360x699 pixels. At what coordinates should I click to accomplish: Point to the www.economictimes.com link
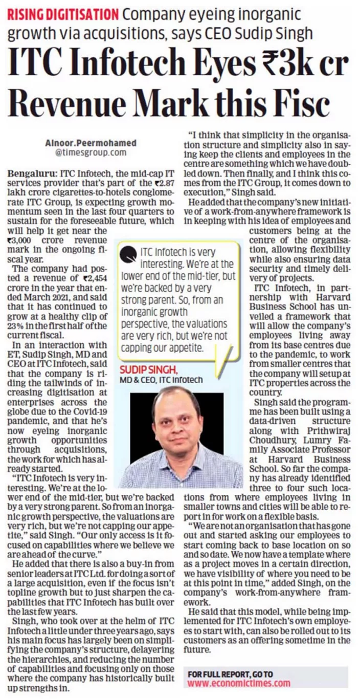tap(239, 683)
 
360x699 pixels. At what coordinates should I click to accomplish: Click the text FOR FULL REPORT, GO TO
tap(230, 673)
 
